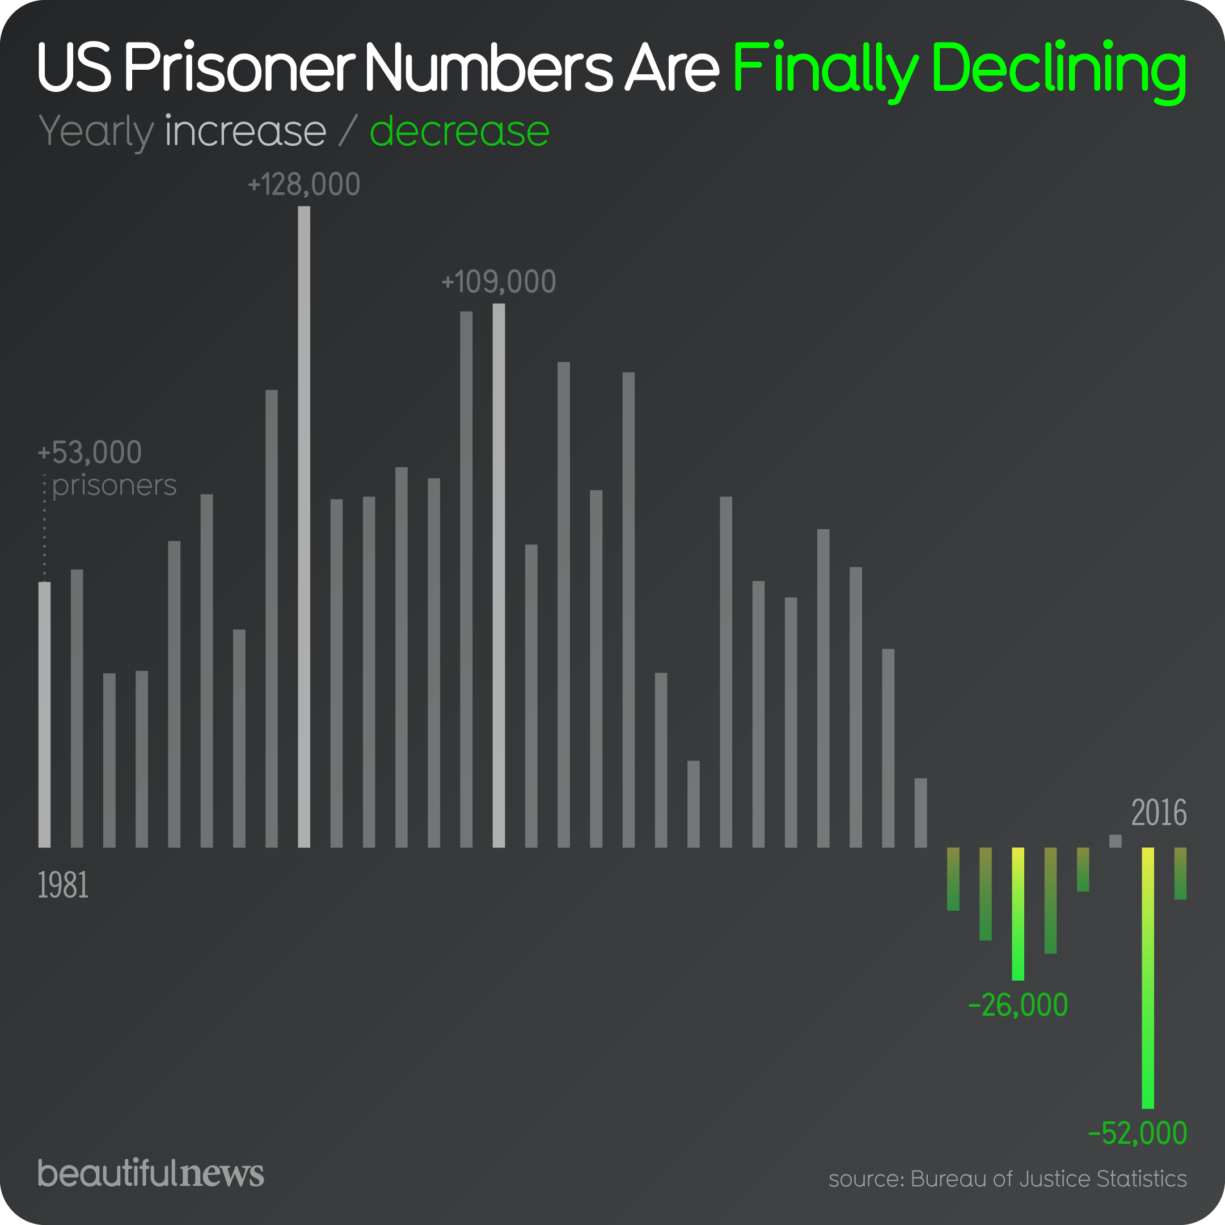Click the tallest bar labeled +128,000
point(304,526)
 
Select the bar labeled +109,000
point(499,575)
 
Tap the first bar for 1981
point(44,714)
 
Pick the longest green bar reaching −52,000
point(1148,977)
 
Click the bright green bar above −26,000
point(1017,914)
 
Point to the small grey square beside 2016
point(1116,840)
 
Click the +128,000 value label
point(304,184)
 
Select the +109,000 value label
point(499,281)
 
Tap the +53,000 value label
point(90,452)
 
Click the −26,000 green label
point(1017,1005)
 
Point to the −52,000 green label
point(1137,1133)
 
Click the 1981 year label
point(63,885)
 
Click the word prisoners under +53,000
point(114,485)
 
